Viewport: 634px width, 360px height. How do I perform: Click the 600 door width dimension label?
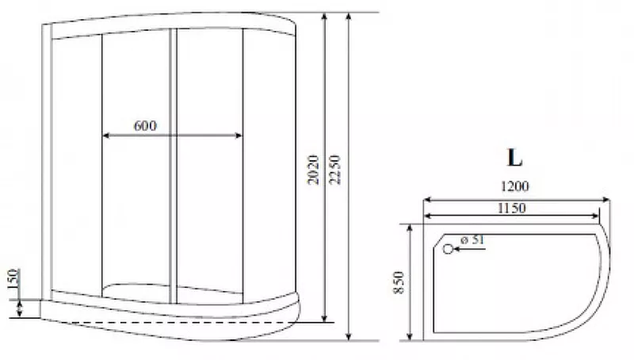coord(145,126)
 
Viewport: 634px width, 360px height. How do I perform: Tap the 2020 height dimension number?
coord(313,170)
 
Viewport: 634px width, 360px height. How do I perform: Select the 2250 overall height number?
coord(335,170)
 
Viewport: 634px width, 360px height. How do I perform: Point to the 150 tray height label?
coord(13,279)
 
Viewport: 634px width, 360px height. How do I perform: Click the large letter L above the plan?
coord(514,157)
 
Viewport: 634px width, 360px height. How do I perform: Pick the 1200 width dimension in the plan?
coord(514,186)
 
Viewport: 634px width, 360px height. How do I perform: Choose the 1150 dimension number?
coord(511,208)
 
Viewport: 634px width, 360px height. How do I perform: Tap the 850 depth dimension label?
coord(399,282)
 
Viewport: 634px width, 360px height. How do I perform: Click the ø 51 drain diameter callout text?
coord(472,239)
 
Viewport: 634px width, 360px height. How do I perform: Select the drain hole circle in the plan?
coord(448,249)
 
